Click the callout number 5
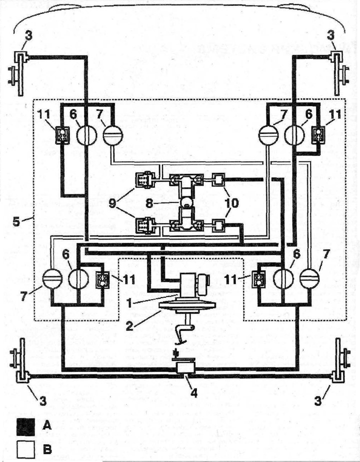coord(16,221)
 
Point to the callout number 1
coord(128,303)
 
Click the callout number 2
coord(129,326)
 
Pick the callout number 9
coord(112,203)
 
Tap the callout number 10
coord(232,203)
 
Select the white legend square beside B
coord(25,449)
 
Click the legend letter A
coord(47,425)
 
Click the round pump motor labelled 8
coord(186,203)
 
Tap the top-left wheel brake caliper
coord(20,73)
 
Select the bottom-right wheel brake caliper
coord(339,361)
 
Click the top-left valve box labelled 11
coord(62,135)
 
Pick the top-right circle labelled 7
coord(268,135)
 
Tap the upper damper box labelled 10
coord(218,179)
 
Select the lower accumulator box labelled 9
coord(144,225)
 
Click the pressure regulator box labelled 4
coord(185,368)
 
